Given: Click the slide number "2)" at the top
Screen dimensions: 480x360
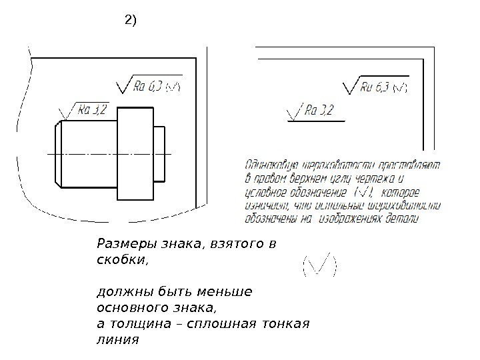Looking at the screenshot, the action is (x=131, y=21).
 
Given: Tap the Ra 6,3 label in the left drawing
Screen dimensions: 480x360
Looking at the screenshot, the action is (x=148, y=85).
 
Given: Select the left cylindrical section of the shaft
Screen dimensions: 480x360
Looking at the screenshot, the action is (x=87, y=154).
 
